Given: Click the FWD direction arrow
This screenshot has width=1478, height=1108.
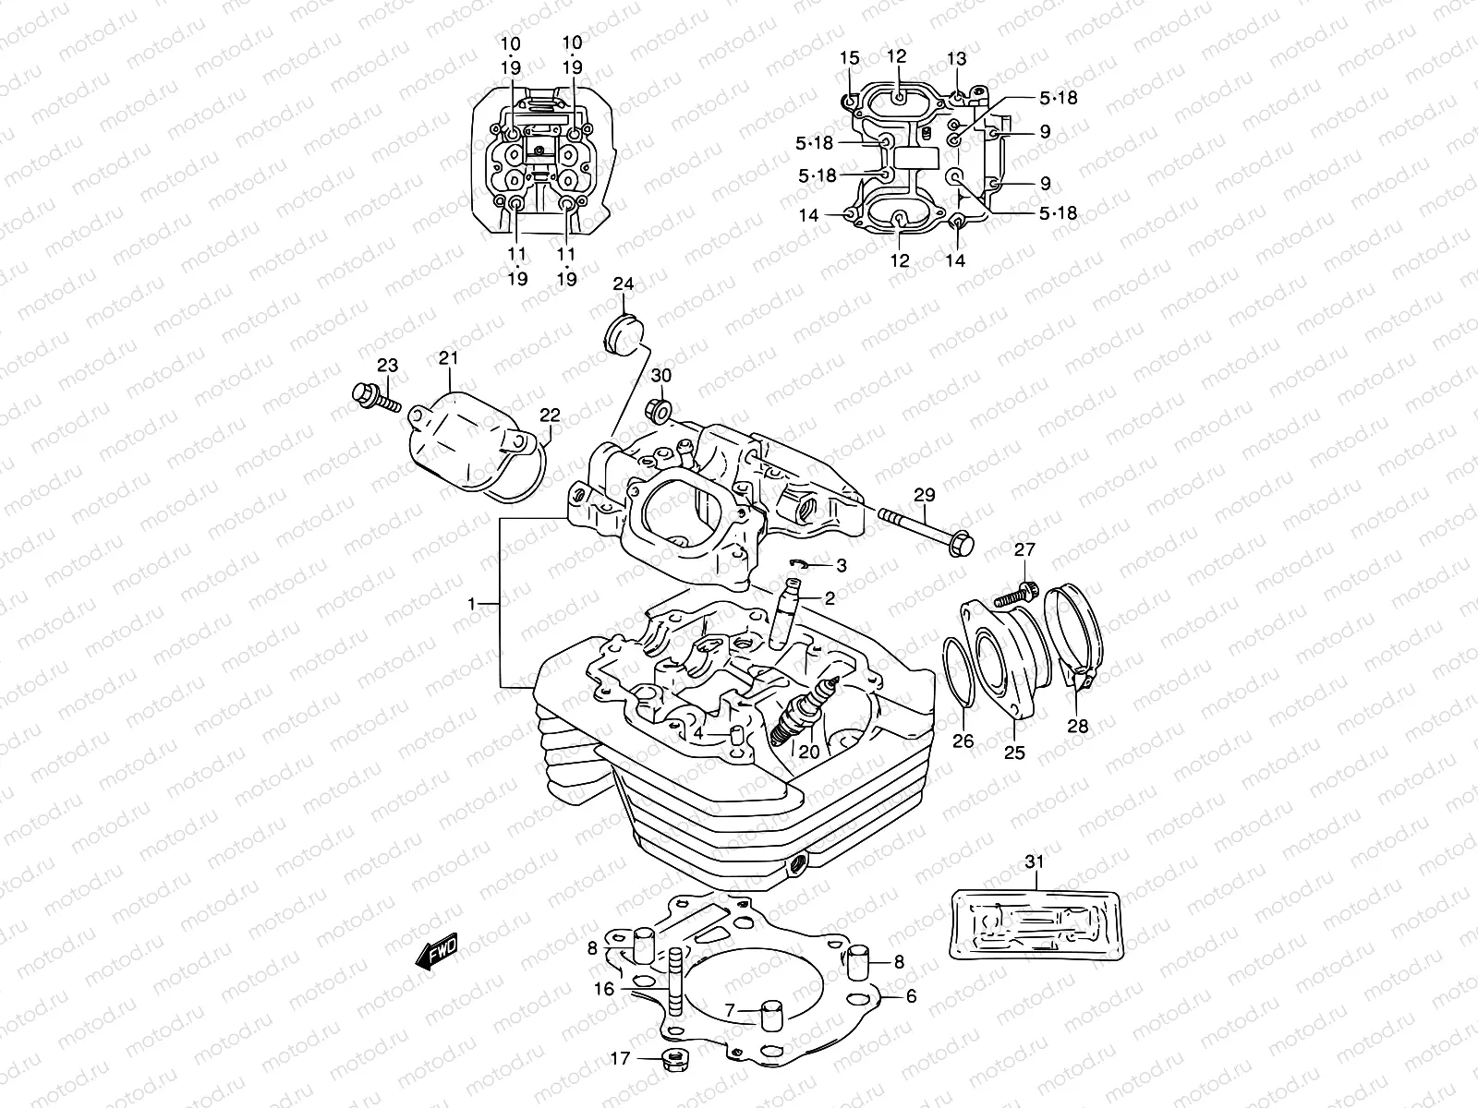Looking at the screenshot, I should click(436, 952).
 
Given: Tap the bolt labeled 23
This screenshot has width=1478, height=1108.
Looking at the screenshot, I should click(374, 398).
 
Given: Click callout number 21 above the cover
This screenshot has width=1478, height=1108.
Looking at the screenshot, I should click(448, 357).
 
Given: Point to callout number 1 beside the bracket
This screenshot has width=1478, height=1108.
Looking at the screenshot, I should click(471, 603).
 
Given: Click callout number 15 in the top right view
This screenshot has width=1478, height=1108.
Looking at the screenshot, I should click(849, 59).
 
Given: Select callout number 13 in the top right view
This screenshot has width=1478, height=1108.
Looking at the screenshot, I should click(956, 59).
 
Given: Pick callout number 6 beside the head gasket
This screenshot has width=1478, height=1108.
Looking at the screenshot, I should click(910, 996).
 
